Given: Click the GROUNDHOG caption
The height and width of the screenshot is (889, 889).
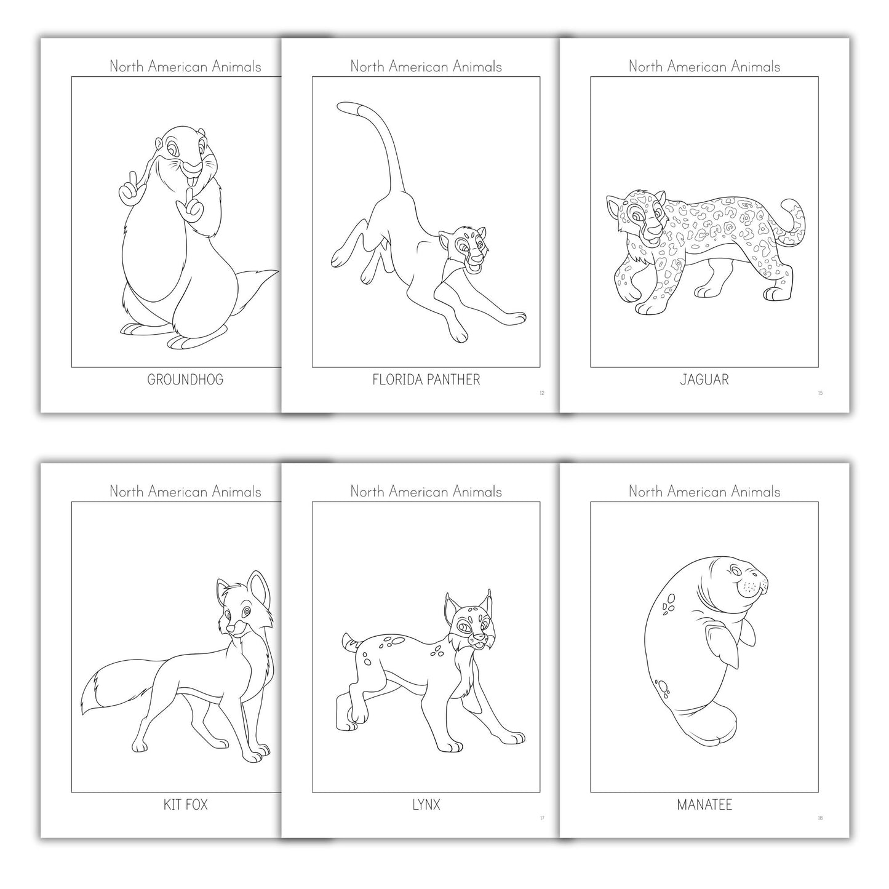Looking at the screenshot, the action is click(185, 380).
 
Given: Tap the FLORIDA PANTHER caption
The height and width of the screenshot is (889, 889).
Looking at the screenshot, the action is click(426, 380).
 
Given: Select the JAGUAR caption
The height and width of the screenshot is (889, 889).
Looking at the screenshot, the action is click(704, 380).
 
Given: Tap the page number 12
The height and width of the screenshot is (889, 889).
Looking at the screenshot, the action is click(541, 393).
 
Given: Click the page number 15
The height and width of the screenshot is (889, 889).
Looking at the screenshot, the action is click(820, 393).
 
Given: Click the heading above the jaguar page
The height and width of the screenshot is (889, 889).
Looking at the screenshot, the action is click(704, 66).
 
